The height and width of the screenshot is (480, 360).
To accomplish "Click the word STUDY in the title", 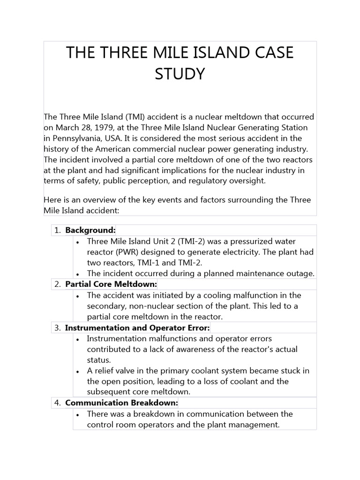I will [x=180, y=74].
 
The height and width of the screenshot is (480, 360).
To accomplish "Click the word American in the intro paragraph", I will [x=98, y=149].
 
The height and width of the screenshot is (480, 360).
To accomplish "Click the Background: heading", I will [x=90, y=230].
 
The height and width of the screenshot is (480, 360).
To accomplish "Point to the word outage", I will [x=300, y=274].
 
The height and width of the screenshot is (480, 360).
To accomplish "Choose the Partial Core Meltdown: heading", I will [x=111, y=285].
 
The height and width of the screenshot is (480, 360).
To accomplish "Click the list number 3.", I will [x=57, y=328].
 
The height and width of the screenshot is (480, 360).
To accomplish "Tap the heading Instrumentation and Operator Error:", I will [x=137, y=328].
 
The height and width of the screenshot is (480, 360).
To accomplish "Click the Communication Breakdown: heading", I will [x=121, y=403].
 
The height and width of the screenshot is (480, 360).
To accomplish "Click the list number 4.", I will [x=57, y=403].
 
